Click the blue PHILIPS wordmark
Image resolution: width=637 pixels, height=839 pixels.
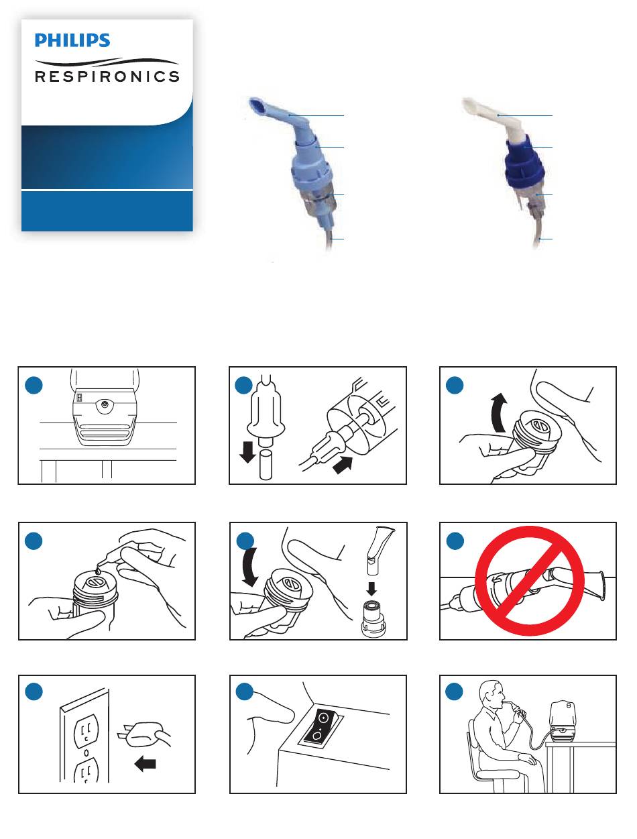(72, 40)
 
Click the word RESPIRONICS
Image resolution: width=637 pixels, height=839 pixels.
(107, 76)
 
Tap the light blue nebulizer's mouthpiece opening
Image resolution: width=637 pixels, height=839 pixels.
(257, 105)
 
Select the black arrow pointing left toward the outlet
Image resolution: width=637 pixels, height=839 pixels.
(146, 764)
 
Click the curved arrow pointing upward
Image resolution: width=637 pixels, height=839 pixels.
(498, 413)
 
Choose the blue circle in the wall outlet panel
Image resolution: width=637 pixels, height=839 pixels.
(34, 691)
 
